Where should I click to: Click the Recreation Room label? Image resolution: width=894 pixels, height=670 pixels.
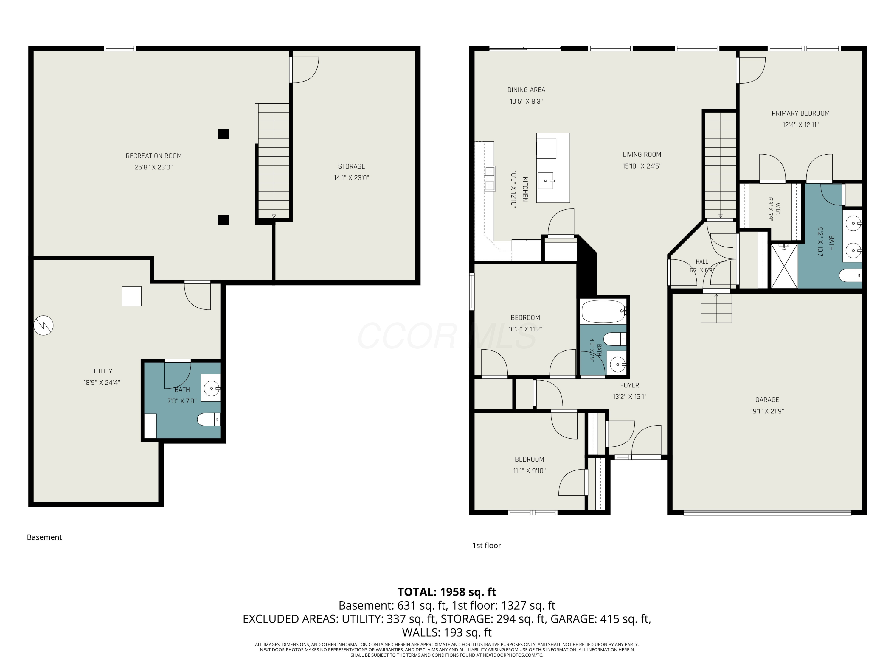point(153,156)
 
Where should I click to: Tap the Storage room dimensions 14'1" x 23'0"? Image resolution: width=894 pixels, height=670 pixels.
point(351,178)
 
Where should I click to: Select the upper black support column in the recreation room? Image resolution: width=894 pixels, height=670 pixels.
point(223,134)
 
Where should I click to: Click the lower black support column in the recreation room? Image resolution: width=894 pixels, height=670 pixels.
point(223,220)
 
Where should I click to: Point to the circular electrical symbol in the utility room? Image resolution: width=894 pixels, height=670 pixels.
point(43,325)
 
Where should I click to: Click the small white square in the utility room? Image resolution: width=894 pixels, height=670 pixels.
point(132,296)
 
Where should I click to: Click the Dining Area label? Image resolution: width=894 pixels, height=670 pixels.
point(526,90)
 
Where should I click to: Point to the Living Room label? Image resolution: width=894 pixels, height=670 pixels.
point(642,154)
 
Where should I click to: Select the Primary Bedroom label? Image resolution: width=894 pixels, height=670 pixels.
point(801,113)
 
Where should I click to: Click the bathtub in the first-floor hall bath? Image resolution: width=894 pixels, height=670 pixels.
point(604,311)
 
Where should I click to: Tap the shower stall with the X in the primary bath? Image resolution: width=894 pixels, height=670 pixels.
point(784,266)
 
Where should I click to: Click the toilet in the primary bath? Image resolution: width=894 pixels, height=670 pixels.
point(851,276)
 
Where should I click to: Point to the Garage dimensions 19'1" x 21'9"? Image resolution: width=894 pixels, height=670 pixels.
point(767,411)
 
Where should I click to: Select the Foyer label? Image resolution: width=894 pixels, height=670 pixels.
point(630,385)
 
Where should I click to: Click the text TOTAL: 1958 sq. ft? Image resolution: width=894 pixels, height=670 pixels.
point(447,592)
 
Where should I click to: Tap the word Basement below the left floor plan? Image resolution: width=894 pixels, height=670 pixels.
point(44,537)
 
